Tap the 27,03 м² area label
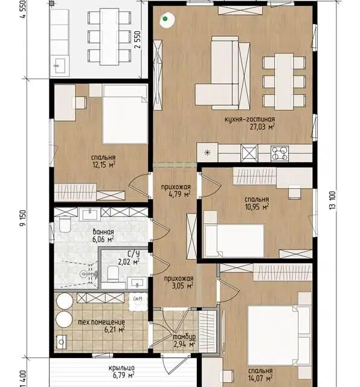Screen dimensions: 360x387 point(262,127)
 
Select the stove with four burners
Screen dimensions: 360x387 point(280,154)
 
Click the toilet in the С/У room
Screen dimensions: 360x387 point(113,274)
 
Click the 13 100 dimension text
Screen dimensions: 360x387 point(332,201)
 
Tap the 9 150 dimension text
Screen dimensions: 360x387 point(23,218)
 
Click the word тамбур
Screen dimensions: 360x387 point(184,336)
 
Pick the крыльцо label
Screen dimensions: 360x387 point(122,368)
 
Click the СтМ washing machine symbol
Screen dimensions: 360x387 point(138,302)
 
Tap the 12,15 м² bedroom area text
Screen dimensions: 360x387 point(104,165)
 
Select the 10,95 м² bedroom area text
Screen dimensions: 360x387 point(257,207)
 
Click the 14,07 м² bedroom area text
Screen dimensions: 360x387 point(260,378)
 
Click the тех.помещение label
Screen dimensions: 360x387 point(101,322)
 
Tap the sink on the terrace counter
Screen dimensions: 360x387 point(60,66)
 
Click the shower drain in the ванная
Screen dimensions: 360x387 point(83,273)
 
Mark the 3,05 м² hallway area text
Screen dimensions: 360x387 point(182,286)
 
